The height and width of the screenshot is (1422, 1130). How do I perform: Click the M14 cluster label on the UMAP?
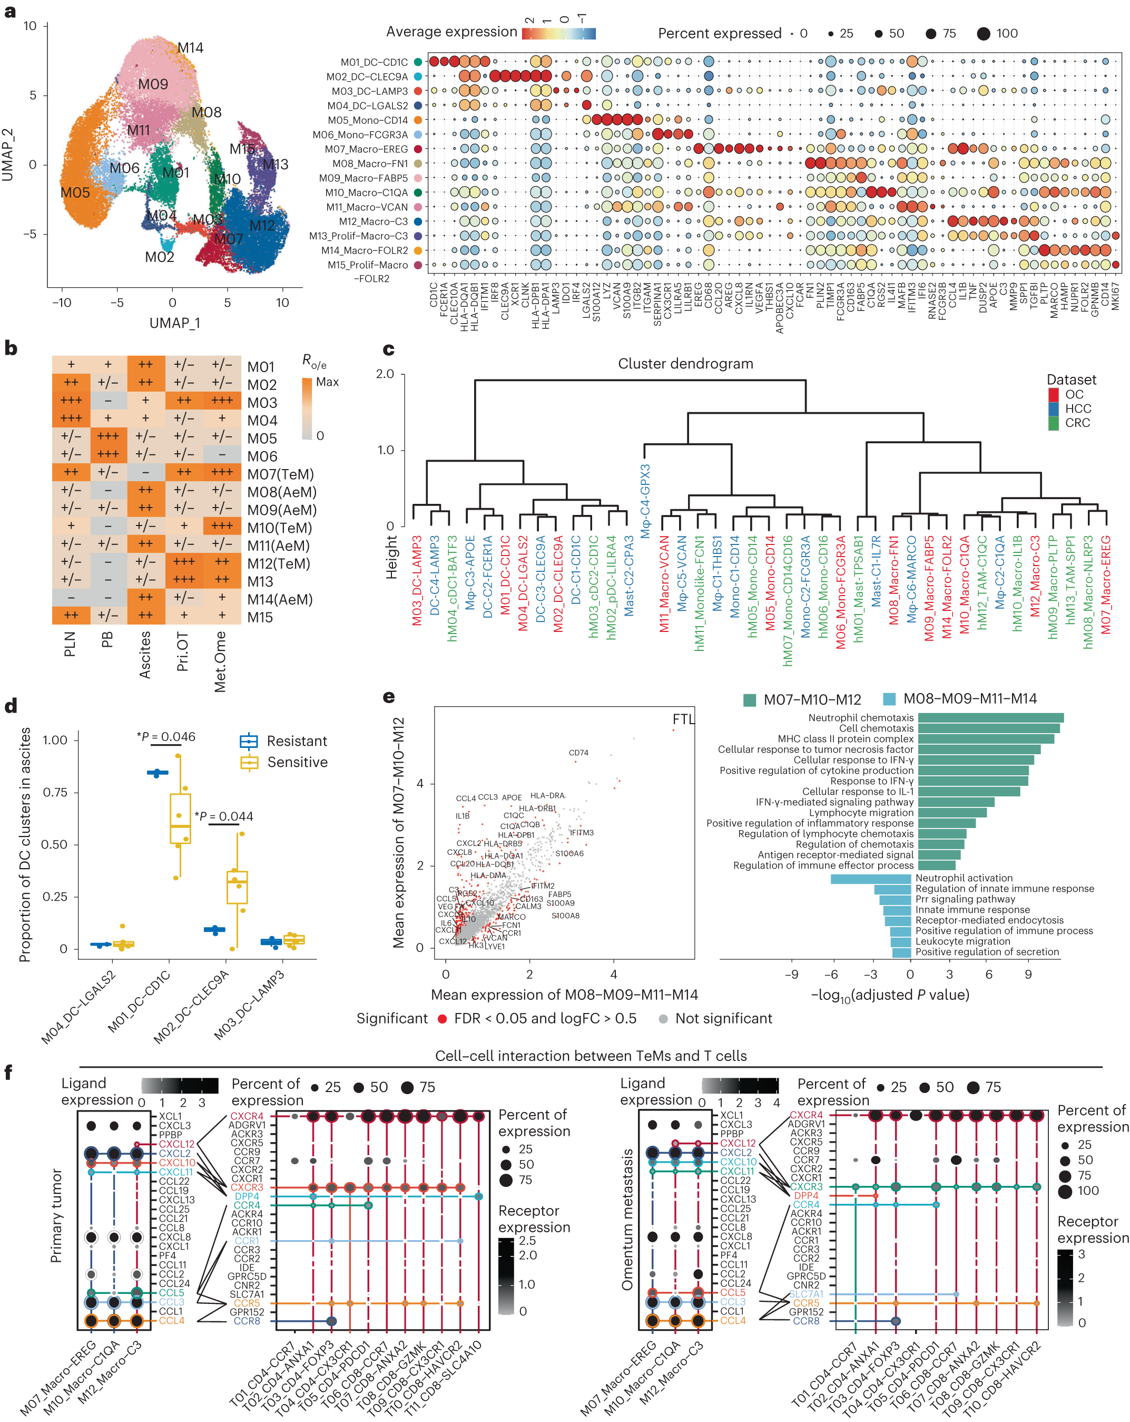click(x=191, y=47)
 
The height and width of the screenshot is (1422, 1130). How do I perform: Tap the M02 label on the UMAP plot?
click(x=160, y=257)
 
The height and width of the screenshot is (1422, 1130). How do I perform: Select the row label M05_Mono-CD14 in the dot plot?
click(x=368, y=120)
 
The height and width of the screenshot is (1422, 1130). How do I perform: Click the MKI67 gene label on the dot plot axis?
click(x=1115, y=297)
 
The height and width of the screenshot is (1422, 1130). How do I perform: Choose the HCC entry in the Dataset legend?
click(x=1078, y=408)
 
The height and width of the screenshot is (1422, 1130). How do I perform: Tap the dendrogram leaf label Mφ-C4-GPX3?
click(x=645, y=501)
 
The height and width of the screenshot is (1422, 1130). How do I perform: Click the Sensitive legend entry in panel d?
click(x=297, y=762)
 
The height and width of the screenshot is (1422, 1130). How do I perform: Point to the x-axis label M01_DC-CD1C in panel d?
click(x=140, y=1000)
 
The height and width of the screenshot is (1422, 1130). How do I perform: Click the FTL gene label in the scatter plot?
click(x=683, y=719)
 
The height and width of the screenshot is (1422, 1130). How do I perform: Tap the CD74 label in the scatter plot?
click(x=578, y=753)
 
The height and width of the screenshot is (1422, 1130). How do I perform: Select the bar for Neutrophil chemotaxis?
click(x=989, y=718)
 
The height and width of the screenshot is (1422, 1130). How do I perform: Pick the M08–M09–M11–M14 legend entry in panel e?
click(x=969, y=698)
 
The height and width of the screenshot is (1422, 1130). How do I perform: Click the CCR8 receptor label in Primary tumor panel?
click(x=247, y=1321)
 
